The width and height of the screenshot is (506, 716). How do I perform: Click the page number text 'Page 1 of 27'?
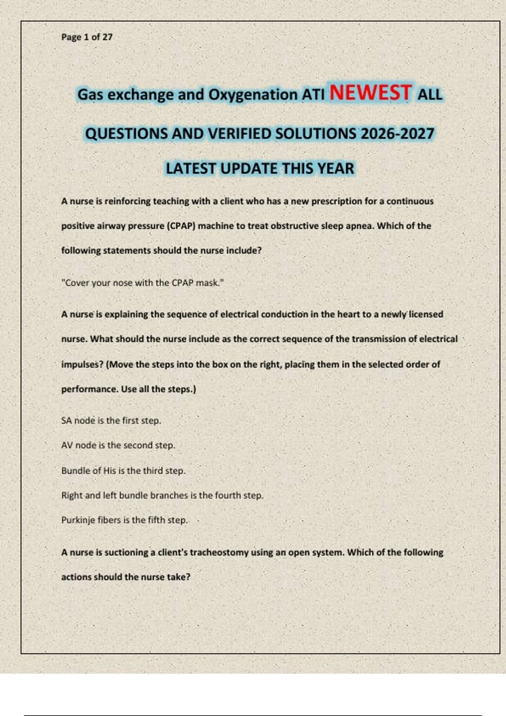click(87, 37)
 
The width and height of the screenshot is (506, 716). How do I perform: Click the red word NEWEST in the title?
click(370, 93)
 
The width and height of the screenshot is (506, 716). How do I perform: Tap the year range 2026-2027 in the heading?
click(397, 134)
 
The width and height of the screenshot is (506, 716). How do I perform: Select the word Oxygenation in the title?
click(253, 95)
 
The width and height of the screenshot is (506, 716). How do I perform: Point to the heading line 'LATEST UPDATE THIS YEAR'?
click(260, 168)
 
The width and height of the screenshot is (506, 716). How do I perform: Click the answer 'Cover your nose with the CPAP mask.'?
click(143, 283)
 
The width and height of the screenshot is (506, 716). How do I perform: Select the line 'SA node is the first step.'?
click(111, 420)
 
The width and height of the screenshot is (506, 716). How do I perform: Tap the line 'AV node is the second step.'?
click(118, 445)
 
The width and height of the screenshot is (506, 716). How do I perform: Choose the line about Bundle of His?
click(123, 470)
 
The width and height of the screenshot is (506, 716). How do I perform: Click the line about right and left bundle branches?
click(162, 495)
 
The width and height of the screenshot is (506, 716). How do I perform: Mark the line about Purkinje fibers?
click(124, 520)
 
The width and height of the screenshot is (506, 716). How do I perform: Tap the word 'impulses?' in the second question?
click(82, 364)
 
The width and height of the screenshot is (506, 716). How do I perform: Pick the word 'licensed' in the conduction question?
click(426, 314)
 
